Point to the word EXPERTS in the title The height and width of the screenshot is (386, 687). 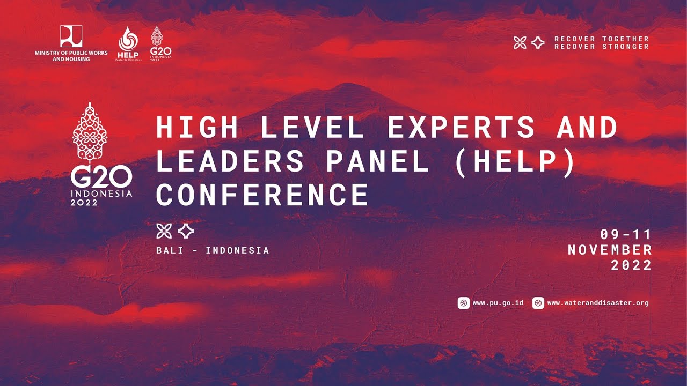tap(461, 128)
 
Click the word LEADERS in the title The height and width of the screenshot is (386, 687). tap(230, 161)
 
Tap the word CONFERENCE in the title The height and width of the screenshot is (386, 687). tap(262, 195)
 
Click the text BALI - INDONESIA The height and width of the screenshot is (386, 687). tap(213, 250)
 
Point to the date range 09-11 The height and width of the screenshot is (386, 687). tap(626, 234)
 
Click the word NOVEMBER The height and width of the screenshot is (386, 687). tap(610, 250)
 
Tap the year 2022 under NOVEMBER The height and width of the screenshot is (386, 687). tap(631, 265)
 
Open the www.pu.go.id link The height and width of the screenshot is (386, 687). tap(498, 303)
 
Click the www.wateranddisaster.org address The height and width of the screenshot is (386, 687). tap(598, 303)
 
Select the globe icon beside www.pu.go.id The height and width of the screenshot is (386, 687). tap(463, 303)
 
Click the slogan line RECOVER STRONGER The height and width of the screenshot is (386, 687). tap(602, 47)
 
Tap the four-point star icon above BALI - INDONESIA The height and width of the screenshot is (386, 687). tap(186, 231)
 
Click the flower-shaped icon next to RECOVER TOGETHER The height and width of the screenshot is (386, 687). tap(520, 43)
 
